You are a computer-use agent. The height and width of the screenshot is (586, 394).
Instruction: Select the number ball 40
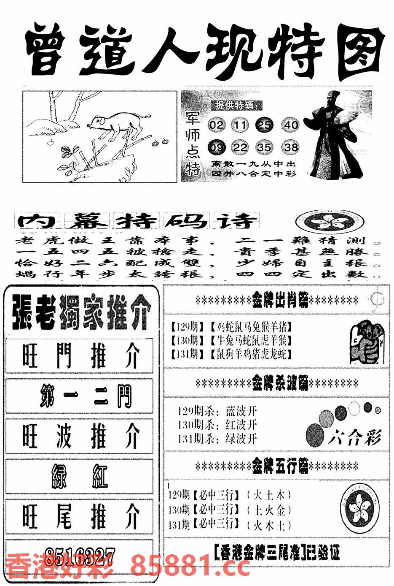[291, 125]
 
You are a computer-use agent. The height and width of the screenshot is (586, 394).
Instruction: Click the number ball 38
[291, 148]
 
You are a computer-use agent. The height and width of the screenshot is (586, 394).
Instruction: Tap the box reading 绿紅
[80, 476]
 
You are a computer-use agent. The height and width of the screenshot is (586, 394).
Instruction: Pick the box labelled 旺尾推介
[80, 516]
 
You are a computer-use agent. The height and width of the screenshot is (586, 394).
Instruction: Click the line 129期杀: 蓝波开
[217, 411]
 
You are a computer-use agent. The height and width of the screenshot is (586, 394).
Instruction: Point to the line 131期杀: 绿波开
[217, 438]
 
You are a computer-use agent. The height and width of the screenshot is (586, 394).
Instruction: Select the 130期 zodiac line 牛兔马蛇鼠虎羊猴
[232, 340]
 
